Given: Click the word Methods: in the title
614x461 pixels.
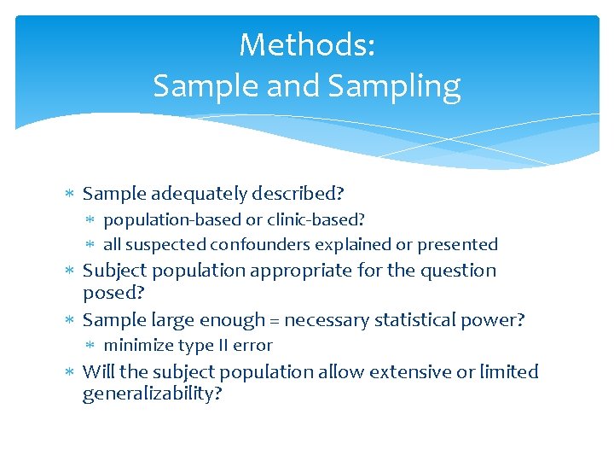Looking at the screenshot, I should coord(307,44).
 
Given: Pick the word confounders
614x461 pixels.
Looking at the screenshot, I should coord(260,244).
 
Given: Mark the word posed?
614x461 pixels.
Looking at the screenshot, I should coord(113,294).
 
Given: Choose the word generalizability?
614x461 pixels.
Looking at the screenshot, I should coord(152,394).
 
